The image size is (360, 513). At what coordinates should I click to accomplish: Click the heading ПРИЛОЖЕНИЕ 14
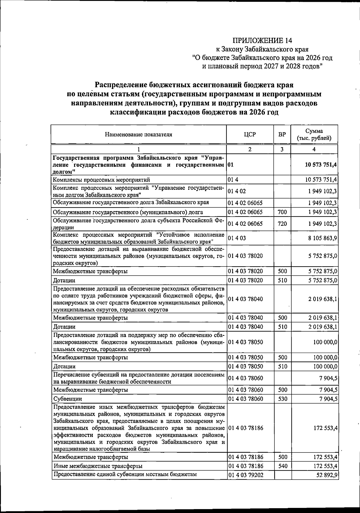pos(262,40)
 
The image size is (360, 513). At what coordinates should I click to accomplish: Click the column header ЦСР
pos(250,134)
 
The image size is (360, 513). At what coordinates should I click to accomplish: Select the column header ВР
pos(282,134)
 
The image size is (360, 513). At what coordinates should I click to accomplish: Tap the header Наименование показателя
pos(139,134)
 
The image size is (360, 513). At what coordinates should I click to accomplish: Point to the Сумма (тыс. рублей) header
pos(314,135)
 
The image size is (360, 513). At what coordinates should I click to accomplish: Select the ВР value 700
pos(282,212)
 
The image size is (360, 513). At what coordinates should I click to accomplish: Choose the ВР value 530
pos(282,399)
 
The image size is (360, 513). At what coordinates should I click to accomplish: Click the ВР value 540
pos(282,466)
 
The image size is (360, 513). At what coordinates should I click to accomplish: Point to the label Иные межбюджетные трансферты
pos(98,466)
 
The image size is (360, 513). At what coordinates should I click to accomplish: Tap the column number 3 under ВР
pos(282,149)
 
